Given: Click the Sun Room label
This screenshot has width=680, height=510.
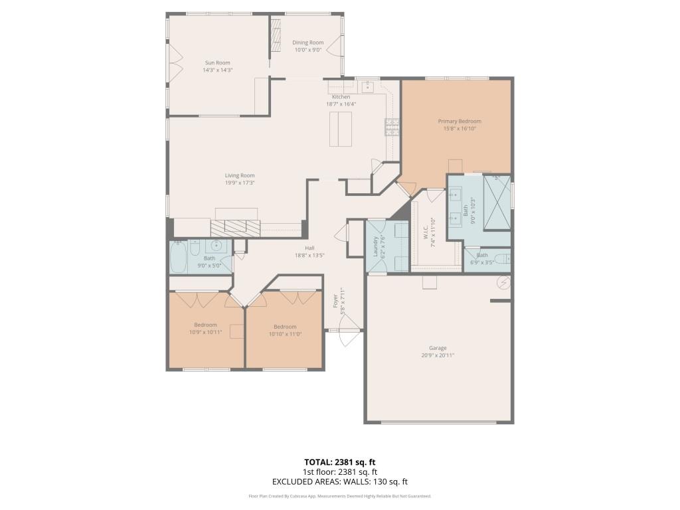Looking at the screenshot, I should [x=217, y=62].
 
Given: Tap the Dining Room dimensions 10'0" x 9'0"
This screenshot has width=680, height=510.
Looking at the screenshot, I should [x=307, y=49].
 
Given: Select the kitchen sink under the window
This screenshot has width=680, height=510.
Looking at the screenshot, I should [x=366, y=87].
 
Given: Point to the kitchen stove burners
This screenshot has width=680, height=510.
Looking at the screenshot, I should [x=392, y=126].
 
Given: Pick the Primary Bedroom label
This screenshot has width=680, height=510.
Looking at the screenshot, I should [x=459, y=122].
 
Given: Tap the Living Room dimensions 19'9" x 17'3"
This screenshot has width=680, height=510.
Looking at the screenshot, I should [x=240, y=183].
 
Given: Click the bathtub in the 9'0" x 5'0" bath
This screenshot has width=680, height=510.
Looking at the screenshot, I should [x=178, y=258].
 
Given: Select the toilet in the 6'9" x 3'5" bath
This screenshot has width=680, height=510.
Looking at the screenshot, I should [x=503, y=258].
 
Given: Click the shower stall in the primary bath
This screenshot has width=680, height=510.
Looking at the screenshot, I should [x=497, y=202].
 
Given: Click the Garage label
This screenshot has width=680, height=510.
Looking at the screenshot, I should [x=438, y=348].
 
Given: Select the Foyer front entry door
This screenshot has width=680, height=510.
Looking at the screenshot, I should [x=348, y=330].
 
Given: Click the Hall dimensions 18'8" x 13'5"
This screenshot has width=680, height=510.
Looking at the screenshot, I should [x=309, y=255].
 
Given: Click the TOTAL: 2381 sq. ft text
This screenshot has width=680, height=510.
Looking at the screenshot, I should [x=339, y=462].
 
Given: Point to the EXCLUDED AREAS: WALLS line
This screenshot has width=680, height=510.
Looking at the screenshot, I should [x=339, y=481].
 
